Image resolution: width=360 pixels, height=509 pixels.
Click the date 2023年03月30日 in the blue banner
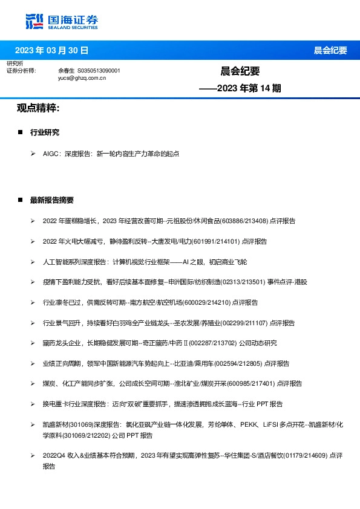click(51, 50)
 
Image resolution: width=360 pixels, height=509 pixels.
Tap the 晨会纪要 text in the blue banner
click(330, 50)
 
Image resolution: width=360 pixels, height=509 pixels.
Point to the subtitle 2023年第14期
click(240, 88)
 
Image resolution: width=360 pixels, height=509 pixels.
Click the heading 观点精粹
click(38, 108)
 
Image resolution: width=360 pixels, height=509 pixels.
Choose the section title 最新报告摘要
click(52, 200)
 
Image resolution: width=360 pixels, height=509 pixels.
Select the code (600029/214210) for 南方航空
click(204, 302)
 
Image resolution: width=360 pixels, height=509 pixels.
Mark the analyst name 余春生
click(66, 71)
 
